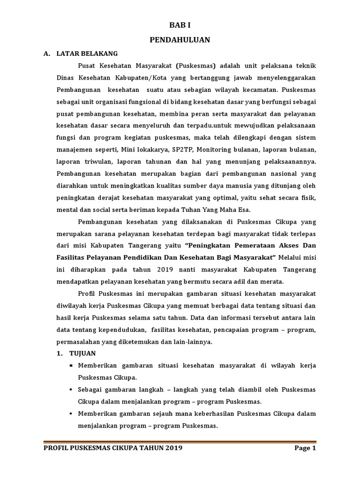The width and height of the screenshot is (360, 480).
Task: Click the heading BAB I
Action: tap(180, 26)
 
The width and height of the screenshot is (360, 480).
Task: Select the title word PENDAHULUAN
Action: tap(180, 40)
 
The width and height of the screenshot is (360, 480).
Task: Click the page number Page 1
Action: tap(305, 448)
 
